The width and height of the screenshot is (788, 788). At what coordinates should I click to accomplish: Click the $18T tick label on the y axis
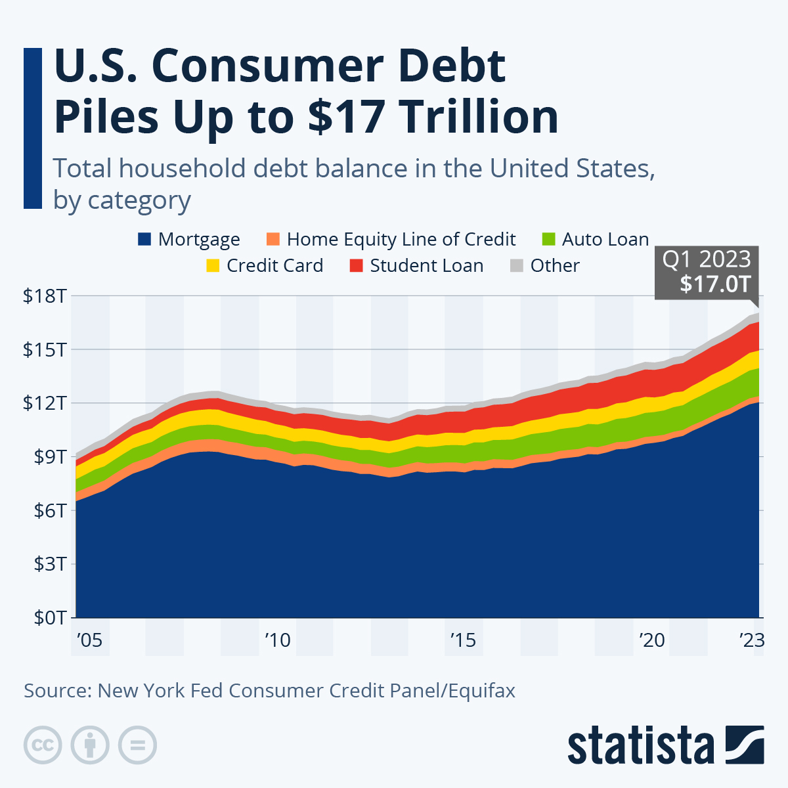45,296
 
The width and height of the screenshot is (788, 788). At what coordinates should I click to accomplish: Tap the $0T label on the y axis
48,618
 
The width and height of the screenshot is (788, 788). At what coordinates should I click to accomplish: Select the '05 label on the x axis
89,640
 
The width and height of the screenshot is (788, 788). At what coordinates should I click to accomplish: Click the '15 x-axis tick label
463,640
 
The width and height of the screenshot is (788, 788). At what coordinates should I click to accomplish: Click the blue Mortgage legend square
144,239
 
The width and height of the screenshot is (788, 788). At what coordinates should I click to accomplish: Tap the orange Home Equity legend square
273,239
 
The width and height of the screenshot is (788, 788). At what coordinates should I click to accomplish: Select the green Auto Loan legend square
549,239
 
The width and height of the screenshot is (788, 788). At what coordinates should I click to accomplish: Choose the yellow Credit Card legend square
213,266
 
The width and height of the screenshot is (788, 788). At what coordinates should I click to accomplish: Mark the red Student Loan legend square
356,266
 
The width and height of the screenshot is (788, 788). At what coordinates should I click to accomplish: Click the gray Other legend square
517,266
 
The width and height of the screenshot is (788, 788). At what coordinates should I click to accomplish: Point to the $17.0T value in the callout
714,284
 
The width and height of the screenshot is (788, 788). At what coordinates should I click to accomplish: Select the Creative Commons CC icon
43,745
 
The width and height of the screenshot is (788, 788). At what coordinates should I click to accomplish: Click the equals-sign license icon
137,745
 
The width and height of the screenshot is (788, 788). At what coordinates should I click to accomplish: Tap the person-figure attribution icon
90,745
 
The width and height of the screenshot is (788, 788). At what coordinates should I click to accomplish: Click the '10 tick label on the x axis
277,640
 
